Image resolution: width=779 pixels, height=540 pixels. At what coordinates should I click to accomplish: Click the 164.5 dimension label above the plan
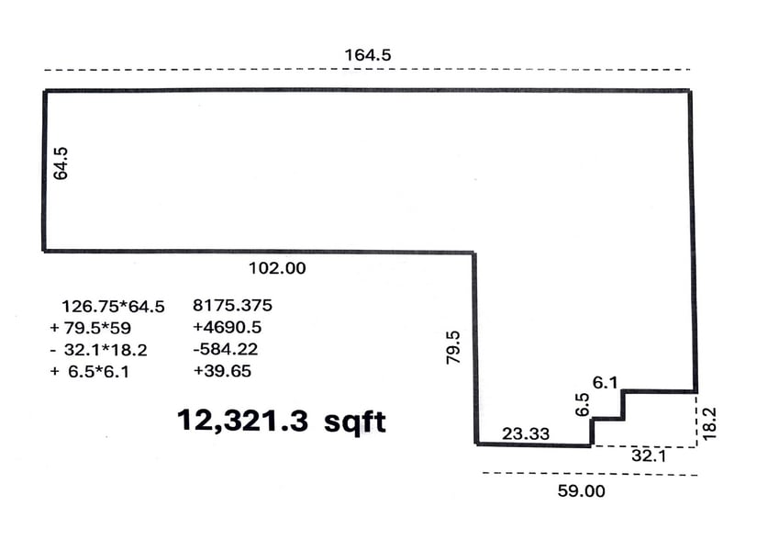[x=368, y=55]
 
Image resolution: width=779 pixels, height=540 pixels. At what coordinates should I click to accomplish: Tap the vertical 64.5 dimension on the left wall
[x=61, y=163]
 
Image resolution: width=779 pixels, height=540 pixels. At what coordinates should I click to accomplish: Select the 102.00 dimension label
[x=277, y=268]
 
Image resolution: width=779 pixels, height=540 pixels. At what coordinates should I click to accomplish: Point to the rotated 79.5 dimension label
[x=453, y=348]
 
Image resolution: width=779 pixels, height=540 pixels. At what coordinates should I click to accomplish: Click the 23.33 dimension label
[x=526, y=433]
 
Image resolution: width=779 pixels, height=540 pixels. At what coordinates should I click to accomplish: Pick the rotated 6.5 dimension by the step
[x=582, y=404]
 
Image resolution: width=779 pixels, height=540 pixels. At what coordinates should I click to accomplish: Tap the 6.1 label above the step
[x=605, y=382]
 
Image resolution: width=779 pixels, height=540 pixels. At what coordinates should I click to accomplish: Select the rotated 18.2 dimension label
[x=709, y=423]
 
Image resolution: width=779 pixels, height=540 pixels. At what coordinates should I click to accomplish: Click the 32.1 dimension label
[x=648, y=455]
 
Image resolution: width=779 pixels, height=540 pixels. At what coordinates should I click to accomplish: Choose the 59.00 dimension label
[x=582, y=491]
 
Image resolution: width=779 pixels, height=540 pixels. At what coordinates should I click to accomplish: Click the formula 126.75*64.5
[x=113, y=307]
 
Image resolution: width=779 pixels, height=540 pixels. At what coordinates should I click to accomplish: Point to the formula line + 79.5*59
[x=91, y=328]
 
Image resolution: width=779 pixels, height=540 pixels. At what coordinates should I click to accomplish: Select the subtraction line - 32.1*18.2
[x=99, y=350]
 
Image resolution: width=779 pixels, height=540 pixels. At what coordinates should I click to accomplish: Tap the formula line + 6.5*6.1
[x=89, y=372]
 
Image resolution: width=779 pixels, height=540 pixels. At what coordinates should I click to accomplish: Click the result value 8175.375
[x=232, y=305]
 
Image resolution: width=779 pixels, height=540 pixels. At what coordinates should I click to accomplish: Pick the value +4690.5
[x=227, y=327]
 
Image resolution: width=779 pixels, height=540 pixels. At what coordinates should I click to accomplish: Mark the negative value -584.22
[x=226, y=349]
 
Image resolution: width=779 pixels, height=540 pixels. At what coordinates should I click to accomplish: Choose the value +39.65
[x=222, y=371]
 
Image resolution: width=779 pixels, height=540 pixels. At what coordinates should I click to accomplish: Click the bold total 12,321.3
[x=242, y=421]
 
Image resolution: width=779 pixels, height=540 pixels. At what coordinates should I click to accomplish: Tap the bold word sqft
[x=355, y=422]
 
